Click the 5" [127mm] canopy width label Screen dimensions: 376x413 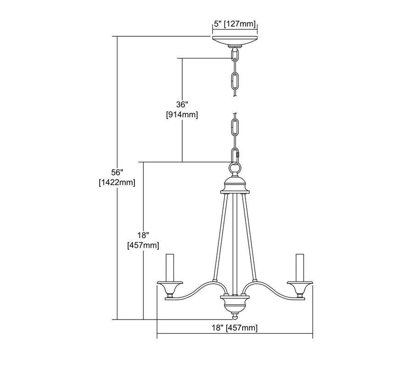pos(234,25)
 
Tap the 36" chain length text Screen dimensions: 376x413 pos(182,105)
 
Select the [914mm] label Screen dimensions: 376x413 pos(182,115)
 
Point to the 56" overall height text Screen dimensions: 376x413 pos(117,172)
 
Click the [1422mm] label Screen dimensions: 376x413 pos(117,182)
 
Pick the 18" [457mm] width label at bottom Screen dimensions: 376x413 pos(235,327)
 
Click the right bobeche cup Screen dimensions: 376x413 pos(301,289)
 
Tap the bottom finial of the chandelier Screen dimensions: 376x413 pos(234,316)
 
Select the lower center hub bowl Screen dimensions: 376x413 pos(234,302)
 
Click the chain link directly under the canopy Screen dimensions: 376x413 pos(235,56)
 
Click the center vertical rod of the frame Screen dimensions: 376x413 pos(234,243)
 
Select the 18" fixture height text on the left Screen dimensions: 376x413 pos(143,235)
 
